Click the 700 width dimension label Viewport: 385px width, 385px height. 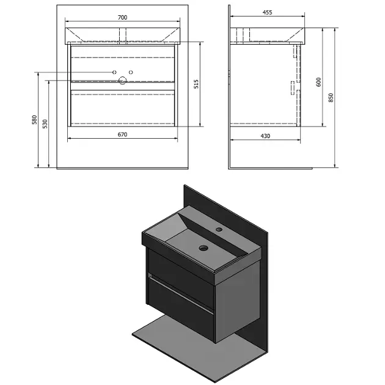(x=122, y=18)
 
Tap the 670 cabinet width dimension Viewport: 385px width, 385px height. (x=122, y=134)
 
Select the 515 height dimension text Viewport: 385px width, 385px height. (x=196, y=84)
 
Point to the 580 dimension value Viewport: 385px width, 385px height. (x=35, y=120)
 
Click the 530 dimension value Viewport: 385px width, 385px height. (x=45, y=124)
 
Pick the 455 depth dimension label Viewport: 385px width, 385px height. (x=267, y=12)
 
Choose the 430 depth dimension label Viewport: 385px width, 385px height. (x=265, y=136)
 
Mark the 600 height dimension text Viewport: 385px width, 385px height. (x=318, y=82)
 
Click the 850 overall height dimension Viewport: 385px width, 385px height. (x=331, y=98)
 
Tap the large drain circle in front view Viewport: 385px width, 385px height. (x=122, y=80)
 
